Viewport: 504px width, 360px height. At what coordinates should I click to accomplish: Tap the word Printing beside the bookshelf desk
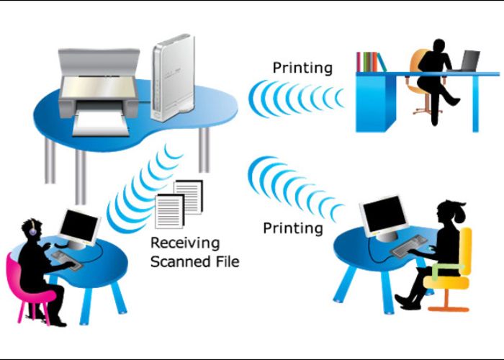302,68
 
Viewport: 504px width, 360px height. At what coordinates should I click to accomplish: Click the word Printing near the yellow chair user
293,228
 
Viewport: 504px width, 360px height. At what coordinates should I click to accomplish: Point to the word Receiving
185,243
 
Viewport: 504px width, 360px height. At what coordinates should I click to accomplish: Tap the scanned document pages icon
179,204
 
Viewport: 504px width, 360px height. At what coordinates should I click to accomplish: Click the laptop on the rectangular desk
470,61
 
